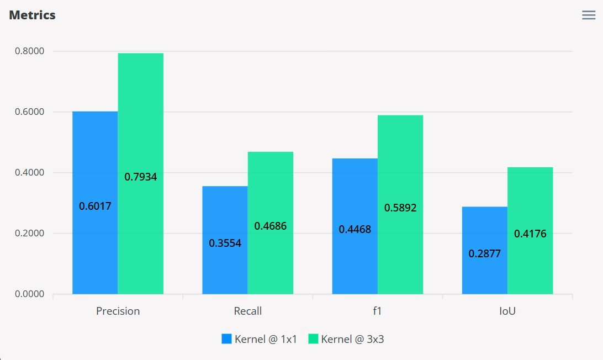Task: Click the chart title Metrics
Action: (32, 15)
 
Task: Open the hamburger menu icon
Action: (589, 15)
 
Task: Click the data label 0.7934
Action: (140, 177)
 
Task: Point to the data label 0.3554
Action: (225, 243)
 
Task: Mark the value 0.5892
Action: (400, 208)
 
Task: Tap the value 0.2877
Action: (484, 254)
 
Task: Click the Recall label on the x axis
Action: (248, 311)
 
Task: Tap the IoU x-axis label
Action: (507, 311)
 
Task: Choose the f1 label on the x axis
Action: (378, 311)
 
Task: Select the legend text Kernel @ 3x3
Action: (352, 339)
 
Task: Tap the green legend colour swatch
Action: (313, 339)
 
